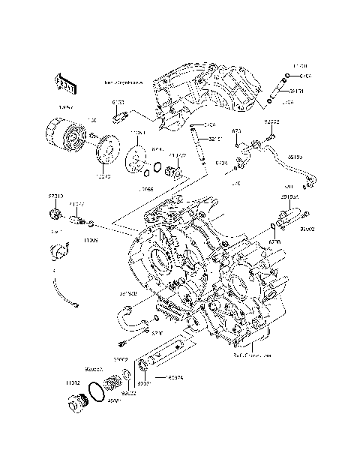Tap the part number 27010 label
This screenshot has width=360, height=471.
pyautogui.click(x=56, y=196)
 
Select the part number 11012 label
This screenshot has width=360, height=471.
pyautogui.click(x=73, y=382)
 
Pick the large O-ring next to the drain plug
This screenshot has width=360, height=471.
pyautogui.click(x=96, y=391)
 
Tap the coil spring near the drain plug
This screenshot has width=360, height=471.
pyautogui.click(x=114, y=383)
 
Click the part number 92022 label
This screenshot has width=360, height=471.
pyautogui.click(x=129, y=393)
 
